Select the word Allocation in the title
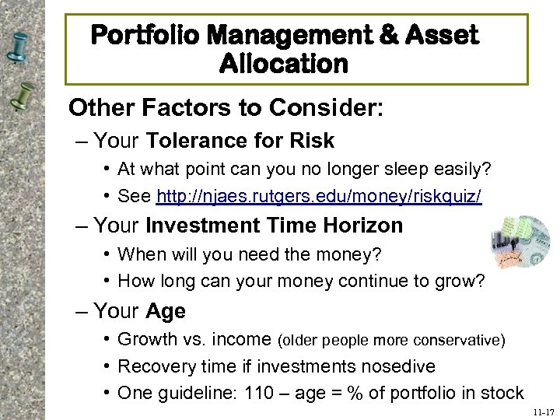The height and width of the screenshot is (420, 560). click(x=284, y=64)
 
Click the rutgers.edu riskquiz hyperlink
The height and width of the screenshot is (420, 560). click(x=319, y=197)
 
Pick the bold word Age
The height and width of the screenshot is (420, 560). click(x=165, y=311)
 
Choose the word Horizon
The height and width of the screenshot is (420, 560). click(x=365, y=226)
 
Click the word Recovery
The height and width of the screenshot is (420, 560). click(x=152, y=366)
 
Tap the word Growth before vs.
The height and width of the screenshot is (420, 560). click(x=146, y=340)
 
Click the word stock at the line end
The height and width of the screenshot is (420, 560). click(x=501, y=394)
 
